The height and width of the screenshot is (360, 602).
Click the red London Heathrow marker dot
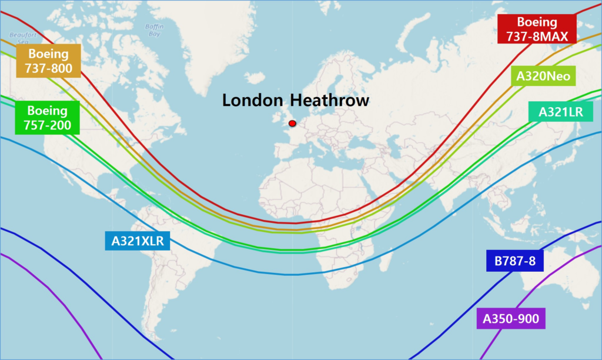tap(292, 124)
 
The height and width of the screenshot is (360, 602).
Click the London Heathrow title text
tap(296, 101)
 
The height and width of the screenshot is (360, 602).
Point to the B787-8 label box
tap(514, 261)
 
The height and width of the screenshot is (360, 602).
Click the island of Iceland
tap(253, 78)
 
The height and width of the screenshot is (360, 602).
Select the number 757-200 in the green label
tap(47, 125)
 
